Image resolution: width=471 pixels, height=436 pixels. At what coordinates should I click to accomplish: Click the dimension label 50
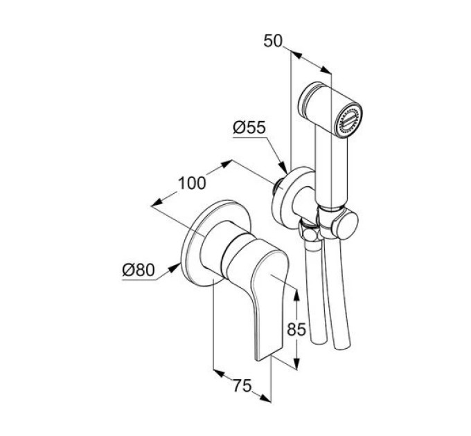273,41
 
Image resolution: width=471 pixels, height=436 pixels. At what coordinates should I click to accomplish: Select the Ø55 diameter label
249,127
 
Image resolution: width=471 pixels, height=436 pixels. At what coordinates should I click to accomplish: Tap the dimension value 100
193,183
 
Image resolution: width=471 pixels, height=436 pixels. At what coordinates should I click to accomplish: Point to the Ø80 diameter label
139,270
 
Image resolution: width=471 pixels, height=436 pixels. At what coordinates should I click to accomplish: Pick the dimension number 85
296,329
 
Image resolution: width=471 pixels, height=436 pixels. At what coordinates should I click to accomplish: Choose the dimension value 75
242,385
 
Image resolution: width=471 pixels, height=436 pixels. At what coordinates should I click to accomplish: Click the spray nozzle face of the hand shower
349,120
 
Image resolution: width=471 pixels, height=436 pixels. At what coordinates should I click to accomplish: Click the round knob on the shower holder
347,226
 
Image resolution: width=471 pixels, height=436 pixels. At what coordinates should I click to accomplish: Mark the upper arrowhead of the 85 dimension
296,296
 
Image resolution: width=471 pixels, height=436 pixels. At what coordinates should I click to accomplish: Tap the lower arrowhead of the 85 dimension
296,363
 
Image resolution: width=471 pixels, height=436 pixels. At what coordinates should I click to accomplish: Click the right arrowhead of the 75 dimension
265,398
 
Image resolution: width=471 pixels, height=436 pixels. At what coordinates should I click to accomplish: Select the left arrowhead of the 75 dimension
219,374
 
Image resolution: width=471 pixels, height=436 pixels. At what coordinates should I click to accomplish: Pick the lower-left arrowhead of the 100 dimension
157,203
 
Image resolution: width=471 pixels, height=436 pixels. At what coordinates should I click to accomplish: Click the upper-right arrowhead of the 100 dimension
226,164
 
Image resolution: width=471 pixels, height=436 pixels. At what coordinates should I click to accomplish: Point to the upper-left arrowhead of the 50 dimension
296,55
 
